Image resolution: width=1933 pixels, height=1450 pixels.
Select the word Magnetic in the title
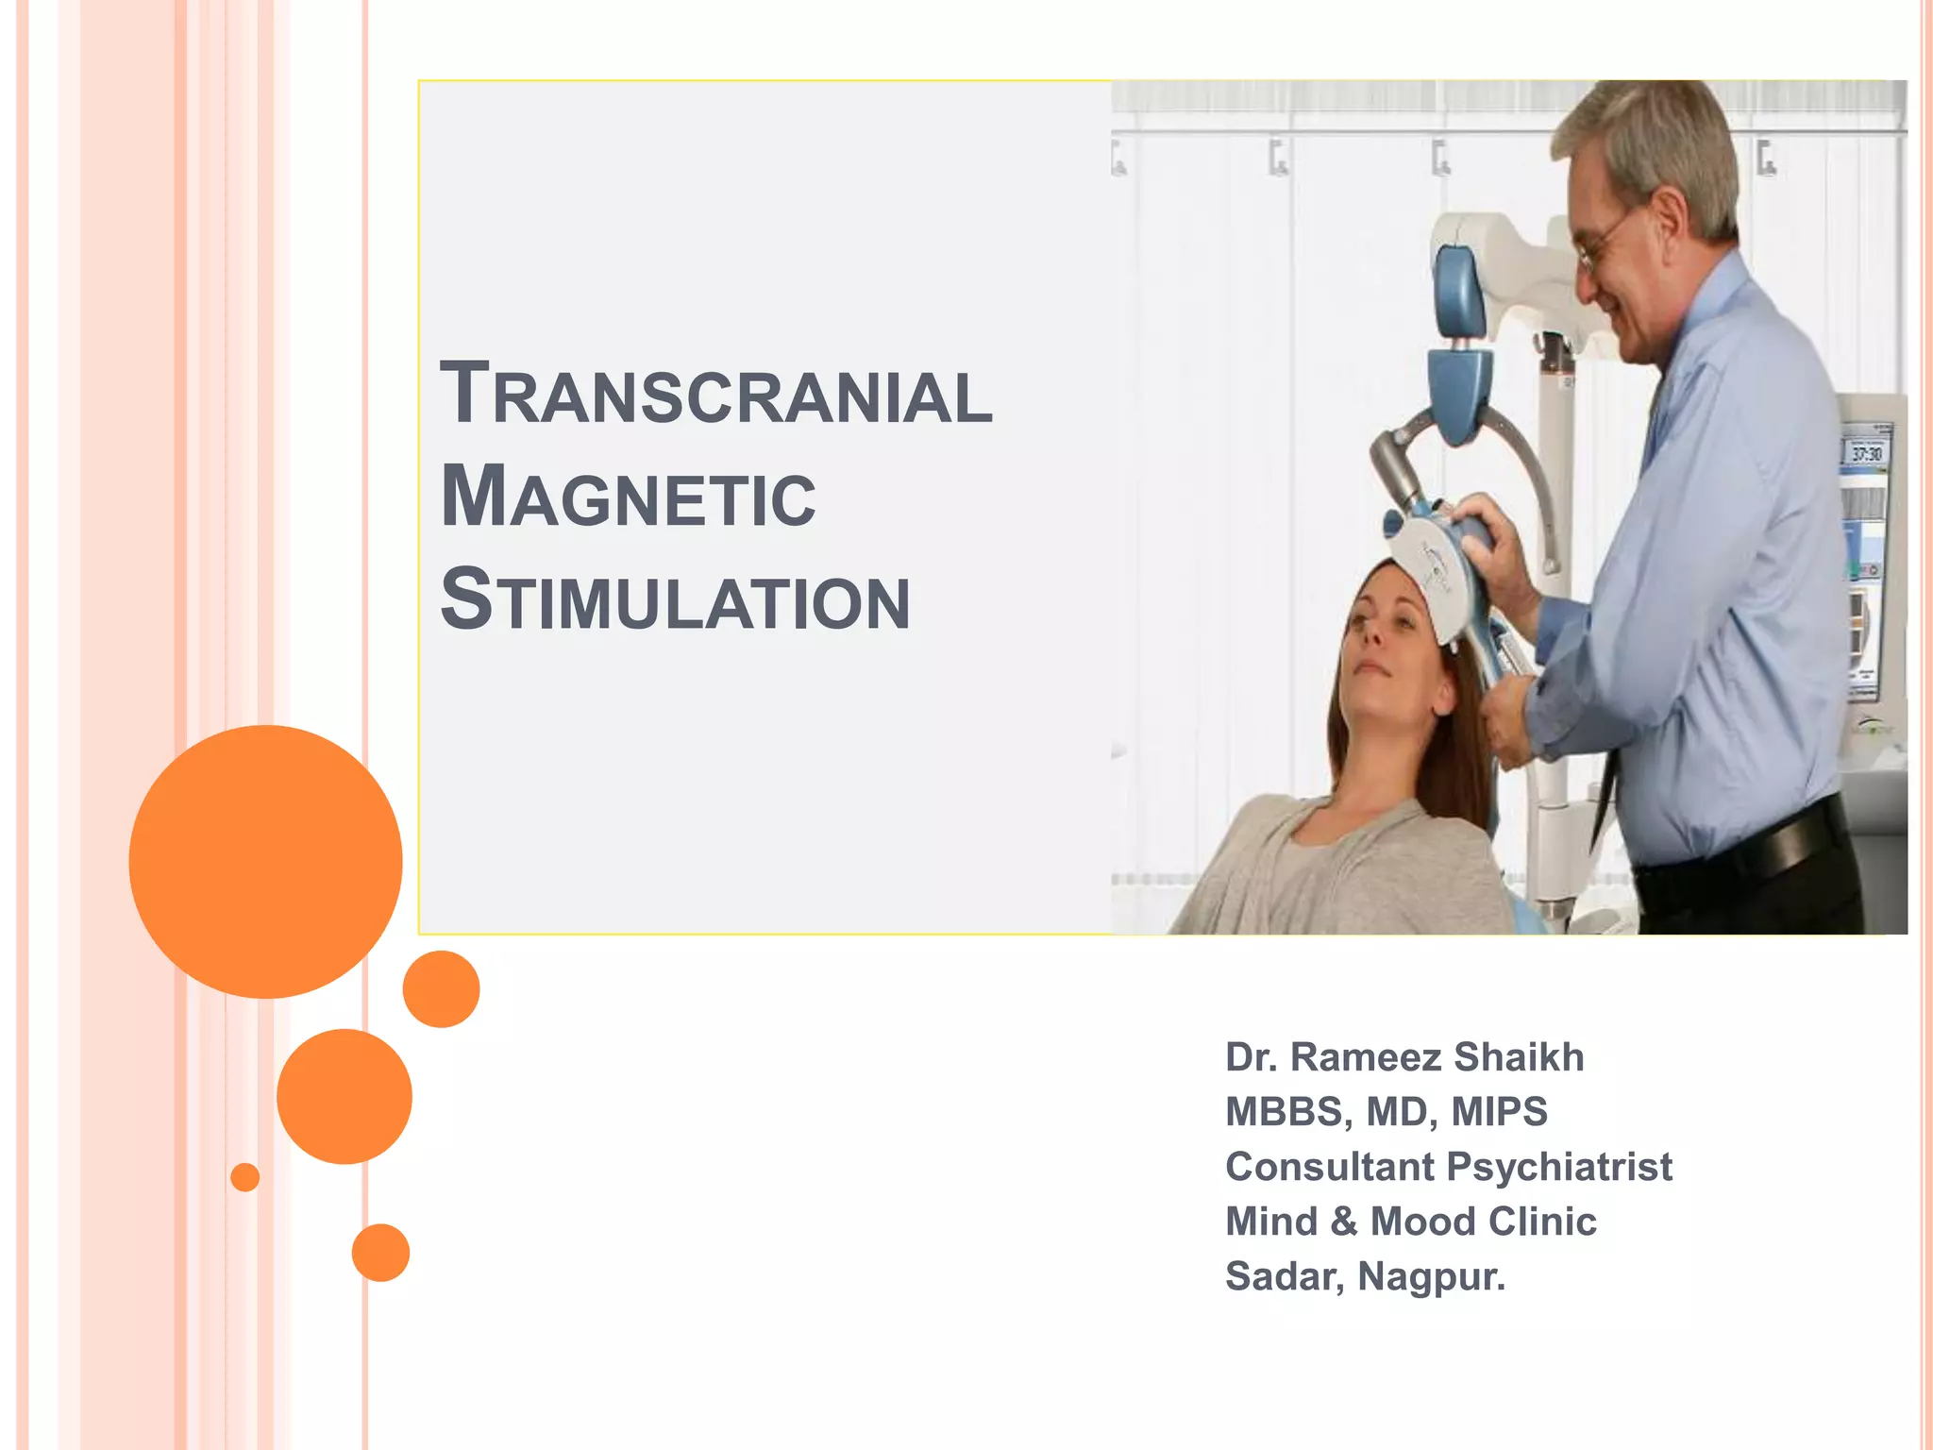click(628, 497)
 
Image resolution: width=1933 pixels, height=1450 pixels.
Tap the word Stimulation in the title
click(675, 601)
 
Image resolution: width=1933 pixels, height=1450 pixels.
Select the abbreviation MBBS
click(1283, 1112)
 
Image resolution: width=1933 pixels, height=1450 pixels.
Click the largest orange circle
click(265, 861)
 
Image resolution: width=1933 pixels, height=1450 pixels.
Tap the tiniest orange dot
click(244, 1177)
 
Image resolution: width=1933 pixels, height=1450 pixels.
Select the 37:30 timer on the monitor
click(1866, 454)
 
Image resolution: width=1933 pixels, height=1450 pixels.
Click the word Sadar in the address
click(1283, 1277)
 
